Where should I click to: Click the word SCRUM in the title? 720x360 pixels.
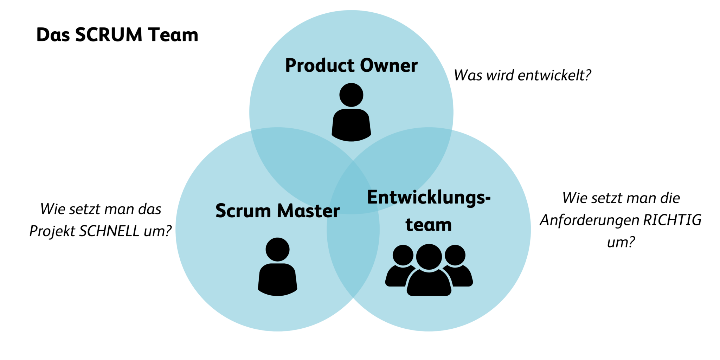click(x=109, y=35)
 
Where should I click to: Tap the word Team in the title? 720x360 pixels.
click(x=173, y=35)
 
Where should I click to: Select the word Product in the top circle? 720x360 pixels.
click(x=320, y=66)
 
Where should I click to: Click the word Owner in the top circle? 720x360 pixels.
click(x=388, y=66)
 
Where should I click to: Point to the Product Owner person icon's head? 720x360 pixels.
click(x=351, y=95)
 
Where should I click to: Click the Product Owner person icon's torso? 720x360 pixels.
click(x=351, y=125)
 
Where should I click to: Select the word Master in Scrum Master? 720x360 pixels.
click(x=308, y=211)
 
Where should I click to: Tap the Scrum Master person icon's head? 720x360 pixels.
click(x=277, y=249)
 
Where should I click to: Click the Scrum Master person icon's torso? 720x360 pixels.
click(x=277, y=279)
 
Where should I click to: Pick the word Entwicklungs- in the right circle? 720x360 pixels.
click(x=429, y=198)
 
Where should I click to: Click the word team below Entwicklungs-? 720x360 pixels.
click(x=429, y=225)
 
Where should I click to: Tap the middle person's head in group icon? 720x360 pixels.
click(x=429, y=257)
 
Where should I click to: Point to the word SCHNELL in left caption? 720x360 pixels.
click(x=109, y=231)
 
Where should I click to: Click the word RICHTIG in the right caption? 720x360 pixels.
click(x=672, y=220)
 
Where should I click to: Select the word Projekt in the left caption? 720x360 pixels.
click(x=52, y=231)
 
